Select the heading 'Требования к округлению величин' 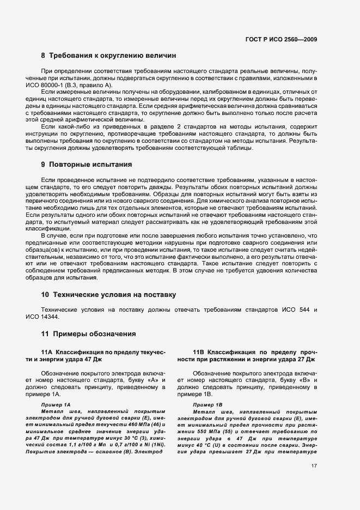[x=113, y=56]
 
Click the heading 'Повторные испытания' [x=90, y=164]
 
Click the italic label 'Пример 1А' [x=56, y=405]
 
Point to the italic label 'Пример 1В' [x=208, y=405]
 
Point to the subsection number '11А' [x=48, y=353]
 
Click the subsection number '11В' [x=199, y=353]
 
